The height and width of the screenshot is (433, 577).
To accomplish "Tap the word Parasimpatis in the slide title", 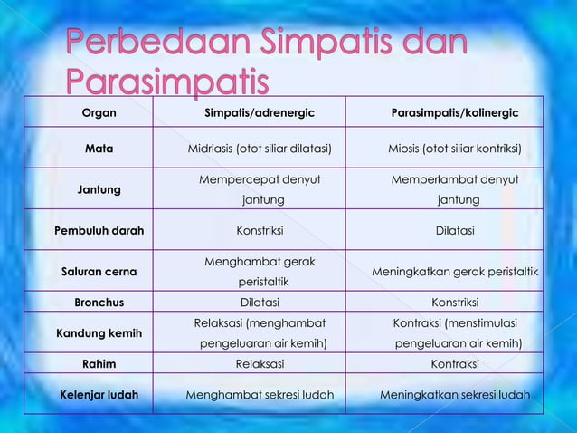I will click(167, 82).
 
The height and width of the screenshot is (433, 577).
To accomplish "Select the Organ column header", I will click(99, 114).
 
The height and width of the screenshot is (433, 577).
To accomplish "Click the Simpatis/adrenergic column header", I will click(260, 114).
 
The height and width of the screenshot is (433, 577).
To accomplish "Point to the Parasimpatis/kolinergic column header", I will click(454, 114).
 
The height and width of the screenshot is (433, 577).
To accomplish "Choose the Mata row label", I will click(99, 149).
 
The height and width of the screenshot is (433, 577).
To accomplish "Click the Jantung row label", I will click(99, 189).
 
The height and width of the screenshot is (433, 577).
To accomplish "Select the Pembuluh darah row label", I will click(99, 230).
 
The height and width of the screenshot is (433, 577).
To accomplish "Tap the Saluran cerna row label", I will click(99, 271).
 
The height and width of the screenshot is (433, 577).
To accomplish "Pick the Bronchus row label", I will click(99, 303).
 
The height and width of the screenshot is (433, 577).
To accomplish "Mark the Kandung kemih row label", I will click(99, 333).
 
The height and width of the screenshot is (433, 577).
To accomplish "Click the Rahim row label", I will click(99, 364).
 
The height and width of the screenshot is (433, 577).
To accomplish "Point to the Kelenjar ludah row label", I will click(99, 395).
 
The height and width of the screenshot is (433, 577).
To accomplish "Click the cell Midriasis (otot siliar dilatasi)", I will click(260, 149).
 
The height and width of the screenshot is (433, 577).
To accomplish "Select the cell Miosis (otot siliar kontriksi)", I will click(454, 149).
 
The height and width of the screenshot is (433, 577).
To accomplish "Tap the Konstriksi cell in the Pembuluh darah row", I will click(260, 230).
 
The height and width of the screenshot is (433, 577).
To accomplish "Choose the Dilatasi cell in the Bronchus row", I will click(260, 303).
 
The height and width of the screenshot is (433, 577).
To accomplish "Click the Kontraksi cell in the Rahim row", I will click(454, 364).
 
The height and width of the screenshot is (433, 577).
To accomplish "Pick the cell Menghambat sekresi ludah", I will click(260, 395).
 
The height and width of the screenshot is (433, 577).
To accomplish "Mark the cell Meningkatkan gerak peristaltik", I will click(454, 271).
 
